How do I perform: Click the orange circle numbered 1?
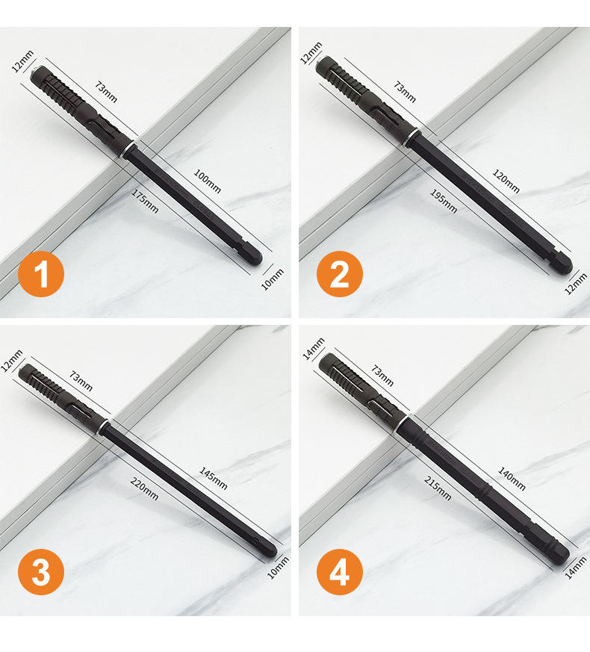(x=41, y=274)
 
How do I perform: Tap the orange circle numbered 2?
(x=340, y=274)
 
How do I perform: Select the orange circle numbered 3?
(x=41, y=572)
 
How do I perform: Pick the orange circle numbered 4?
(x=340, y=572)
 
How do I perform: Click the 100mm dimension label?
(x=208, y=181)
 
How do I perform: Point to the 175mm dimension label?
(x=145, y=201)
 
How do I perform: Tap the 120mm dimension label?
(x=506, y=181)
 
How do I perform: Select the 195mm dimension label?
(x=444, y=201)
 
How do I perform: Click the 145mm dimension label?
(x=214, y=478)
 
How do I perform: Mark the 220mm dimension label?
(x=144, y=488)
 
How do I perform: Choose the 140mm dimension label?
(x=512, y=479)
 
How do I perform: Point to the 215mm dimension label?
(x=438, y=488)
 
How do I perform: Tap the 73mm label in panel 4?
(x=382, y=376)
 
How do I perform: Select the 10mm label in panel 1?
(x=273, y=279)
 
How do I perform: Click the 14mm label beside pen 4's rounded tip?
(x=576, y=568)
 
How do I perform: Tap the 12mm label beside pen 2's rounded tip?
(x=576, y=284)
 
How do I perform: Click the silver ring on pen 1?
(x=128, y=149)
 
